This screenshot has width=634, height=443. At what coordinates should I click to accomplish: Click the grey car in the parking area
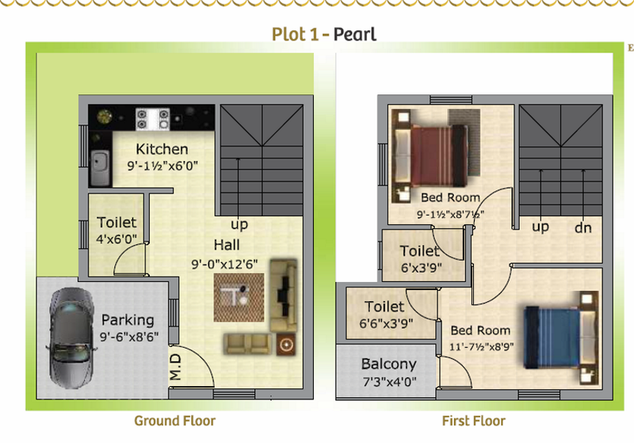coord(69,338)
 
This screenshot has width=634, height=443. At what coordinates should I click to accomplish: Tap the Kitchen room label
coord(162,149)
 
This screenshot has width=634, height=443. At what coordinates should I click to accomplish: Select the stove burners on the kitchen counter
coord(152,119)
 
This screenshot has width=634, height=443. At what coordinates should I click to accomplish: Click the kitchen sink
coord(100,168)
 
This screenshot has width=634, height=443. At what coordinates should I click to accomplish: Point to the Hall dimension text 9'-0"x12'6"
coord(224,264)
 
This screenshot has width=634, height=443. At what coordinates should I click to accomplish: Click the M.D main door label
coord(175,367)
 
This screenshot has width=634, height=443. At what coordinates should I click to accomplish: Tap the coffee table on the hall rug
coord(236,295)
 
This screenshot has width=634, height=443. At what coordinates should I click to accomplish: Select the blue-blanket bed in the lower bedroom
coord(561,337)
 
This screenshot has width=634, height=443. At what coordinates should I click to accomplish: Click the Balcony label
coord(388,364)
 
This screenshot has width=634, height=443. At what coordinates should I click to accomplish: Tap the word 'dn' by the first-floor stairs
coord(583,227)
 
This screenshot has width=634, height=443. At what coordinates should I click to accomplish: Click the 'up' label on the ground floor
coord(239,224)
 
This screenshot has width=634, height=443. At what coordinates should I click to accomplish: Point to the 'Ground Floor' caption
coord(174,421)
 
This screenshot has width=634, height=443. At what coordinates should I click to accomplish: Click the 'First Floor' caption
coord(473,421)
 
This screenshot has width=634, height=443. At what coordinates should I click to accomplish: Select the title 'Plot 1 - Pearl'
coord(324,34)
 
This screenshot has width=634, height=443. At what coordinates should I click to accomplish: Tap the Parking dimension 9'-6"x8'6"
coord(129,337)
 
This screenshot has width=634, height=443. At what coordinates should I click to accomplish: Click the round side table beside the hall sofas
coord(286,345)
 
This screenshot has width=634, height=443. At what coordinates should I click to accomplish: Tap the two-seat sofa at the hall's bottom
coord(247,344)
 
